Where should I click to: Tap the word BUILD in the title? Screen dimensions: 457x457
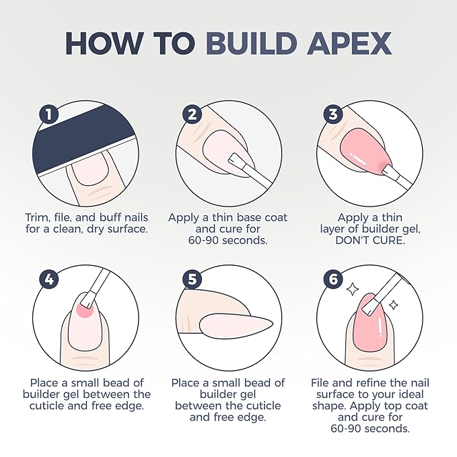[x=252, y=43]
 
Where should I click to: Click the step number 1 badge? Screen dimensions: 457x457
[x=48, y=114]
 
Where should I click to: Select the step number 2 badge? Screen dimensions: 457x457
[x=192, y=114]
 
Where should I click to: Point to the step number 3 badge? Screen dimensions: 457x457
[x=333, y=114]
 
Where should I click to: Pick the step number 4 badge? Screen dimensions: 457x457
[x=48, y=279]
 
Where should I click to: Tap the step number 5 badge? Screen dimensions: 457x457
[x=192, y=279]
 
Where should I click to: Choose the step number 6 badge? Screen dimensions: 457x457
[x=333, y=279]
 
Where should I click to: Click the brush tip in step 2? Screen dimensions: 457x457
[x=236, y=160]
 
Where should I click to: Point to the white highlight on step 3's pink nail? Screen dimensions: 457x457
[x=358, y=159]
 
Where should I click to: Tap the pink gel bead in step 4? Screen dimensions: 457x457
[x=84, y=310]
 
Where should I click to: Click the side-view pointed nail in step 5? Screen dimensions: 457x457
[x=236, y=324]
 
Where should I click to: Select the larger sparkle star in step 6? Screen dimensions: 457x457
[x=353, y=289]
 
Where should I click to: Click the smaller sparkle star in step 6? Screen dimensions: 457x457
[x=394, y=305]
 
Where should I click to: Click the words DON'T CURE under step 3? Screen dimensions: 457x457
[x=370, y=240]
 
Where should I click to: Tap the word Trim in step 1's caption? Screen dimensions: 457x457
[x=37, y=217]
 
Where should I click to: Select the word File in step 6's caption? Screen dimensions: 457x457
[x=320, y=383]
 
